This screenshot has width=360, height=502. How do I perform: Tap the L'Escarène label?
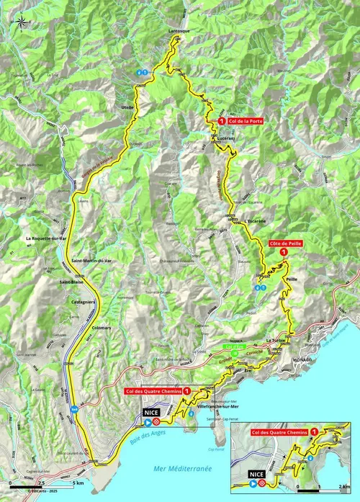[256, 221]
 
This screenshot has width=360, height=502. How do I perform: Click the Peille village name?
[292, 277]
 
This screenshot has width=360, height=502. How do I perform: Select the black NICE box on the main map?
[151, 413]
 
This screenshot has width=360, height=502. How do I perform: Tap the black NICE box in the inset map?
[256, 475]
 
